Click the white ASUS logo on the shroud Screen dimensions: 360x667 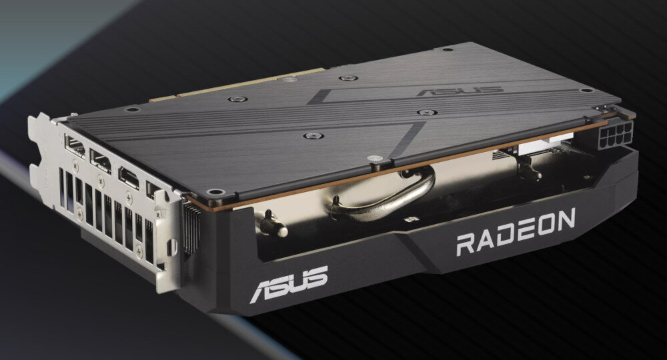coord(289,283)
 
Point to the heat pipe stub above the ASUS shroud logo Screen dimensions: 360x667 coord(273,223)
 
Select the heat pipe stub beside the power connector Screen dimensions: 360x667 coord(530,171)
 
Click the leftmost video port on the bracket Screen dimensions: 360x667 coord(75,146)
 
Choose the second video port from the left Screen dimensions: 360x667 coord(101,161)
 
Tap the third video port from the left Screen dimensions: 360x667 coord(128,177)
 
